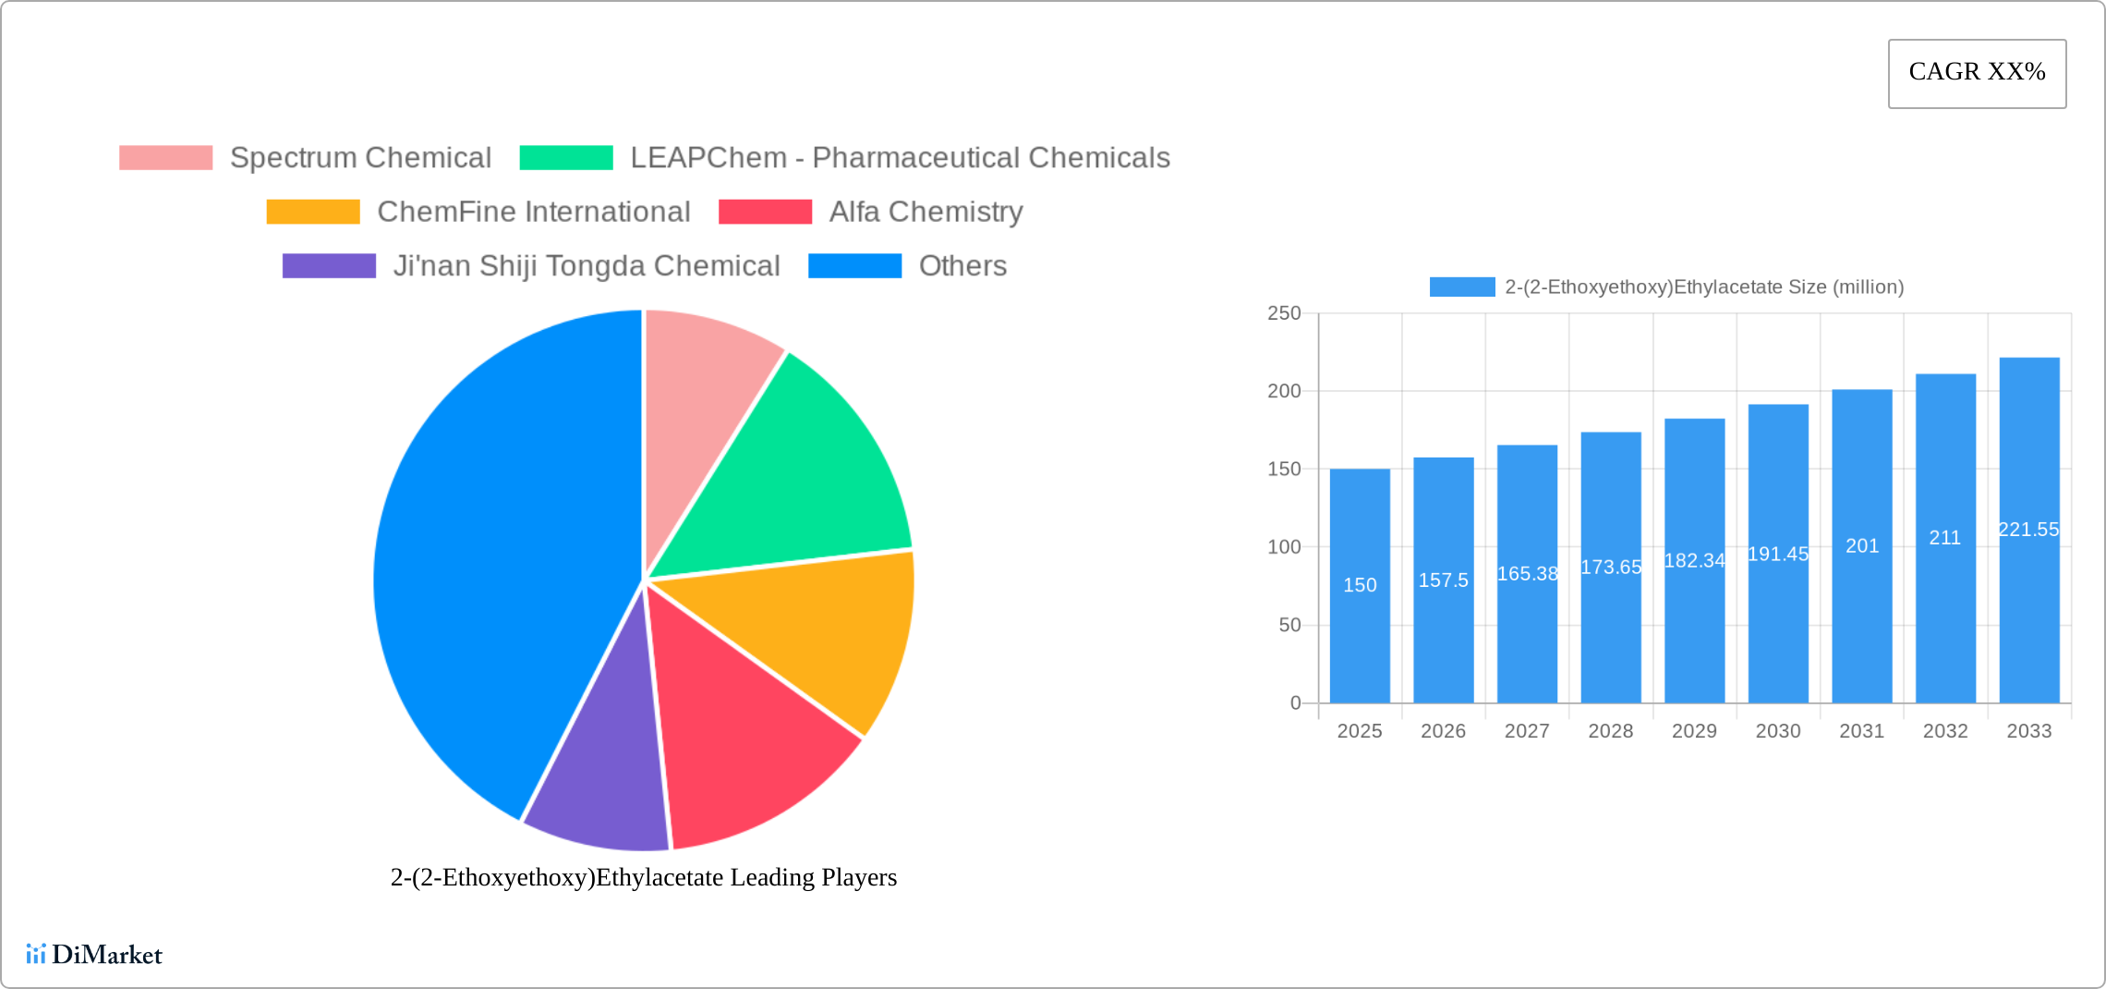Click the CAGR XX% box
pos(1977,73)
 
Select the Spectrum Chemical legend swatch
pos(165,158)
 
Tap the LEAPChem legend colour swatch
pos(565,158)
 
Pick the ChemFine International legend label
pos(533,212)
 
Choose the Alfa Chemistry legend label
pos(926,212)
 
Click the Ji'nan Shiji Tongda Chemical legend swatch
pos(329,266)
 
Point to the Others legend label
pos(962,266)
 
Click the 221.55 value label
pos(2028,530)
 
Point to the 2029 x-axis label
pos(1694,731)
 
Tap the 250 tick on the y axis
pos(1284,313)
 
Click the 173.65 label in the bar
pos(1611,568)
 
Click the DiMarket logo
pos(94,955)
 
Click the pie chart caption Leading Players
pos(644,877)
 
